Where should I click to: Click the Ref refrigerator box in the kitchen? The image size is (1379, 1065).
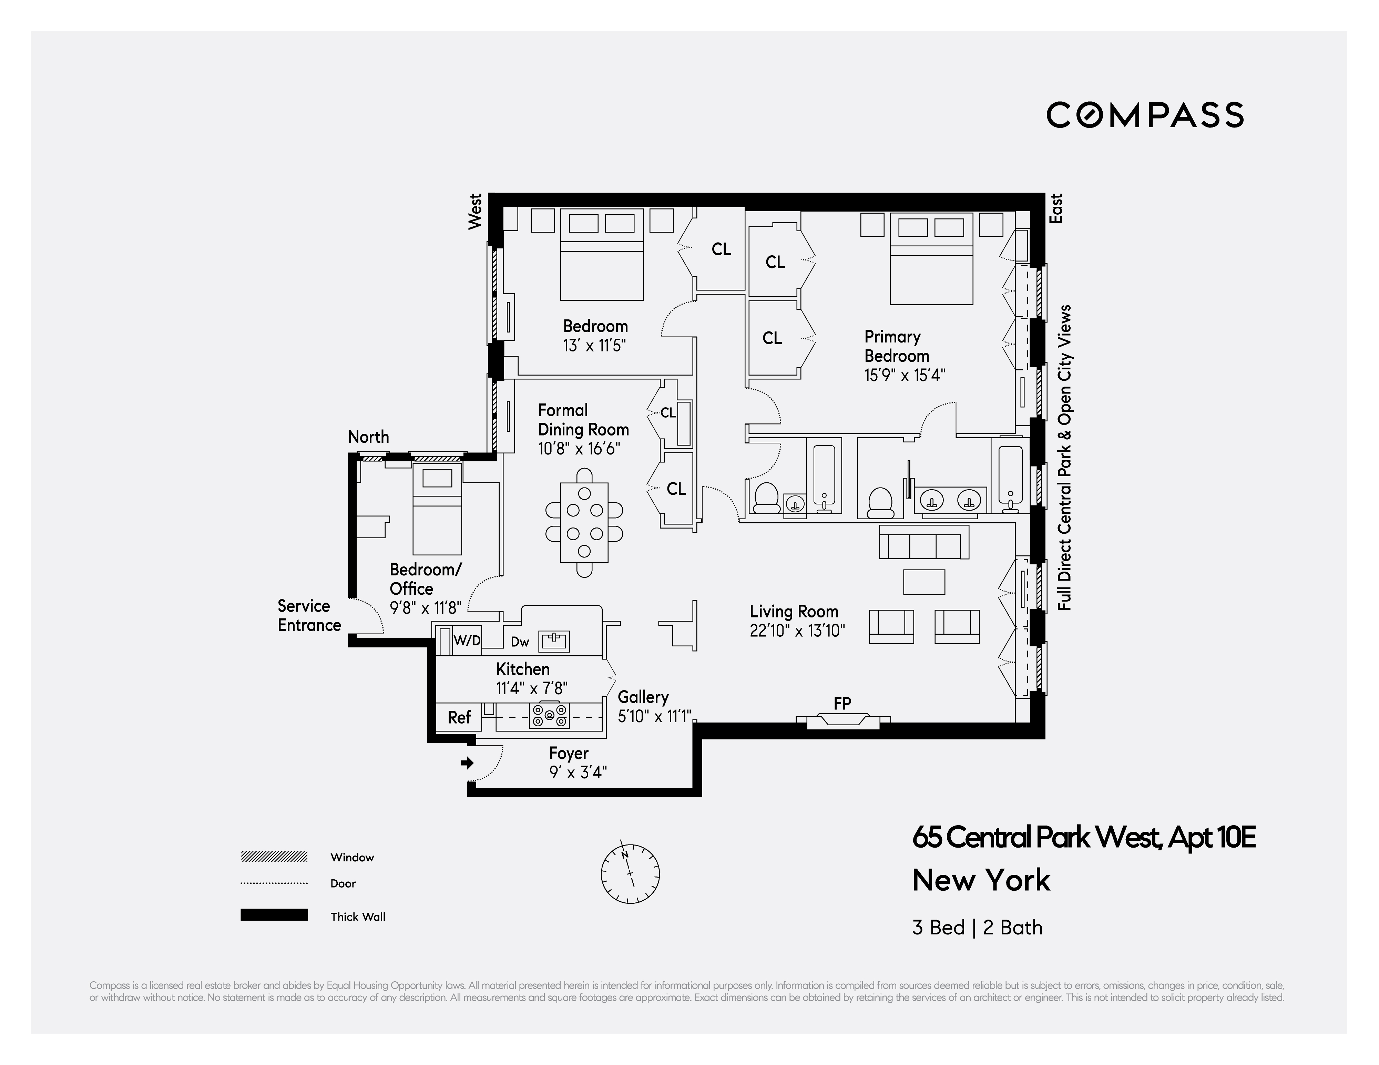[459, 717]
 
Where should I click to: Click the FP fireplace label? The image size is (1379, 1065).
[842, 703]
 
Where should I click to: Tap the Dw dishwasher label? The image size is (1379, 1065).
[520, 642]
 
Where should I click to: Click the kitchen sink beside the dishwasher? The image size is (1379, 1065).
[554, 641]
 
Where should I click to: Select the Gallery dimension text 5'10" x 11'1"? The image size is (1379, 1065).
[655, 717]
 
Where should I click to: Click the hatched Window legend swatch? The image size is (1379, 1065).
[274, 857]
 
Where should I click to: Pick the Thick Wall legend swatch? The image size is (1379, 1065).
[274, 915]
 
